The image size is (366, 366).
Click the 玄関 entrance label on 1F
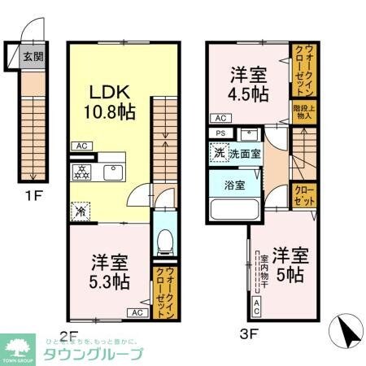coord(33,57)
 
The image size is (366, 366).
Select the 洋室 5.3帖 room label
coord(109,272)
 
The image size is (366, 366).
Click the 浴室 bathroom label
coord(229,183)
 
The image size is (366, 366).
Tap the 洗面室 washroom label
coord(244,152)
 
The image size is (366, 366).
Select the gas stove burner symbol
coord(82,173)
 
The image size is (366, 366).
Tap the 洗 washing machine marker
coord(219,152)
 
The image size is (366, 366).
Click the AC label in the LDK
coord(81,146)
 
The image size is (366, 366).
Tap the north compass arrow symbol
coord(344,332)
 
